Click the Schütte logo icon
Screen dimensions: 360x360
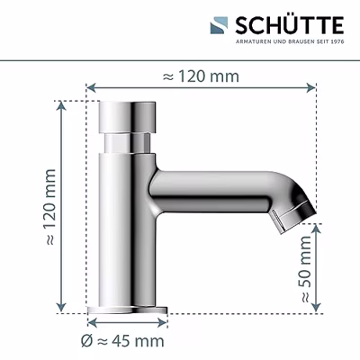point(219,26)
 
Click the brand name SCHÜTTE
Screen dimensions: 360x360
point(290,25)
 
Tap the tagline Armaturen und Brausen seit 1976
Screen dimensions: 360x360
point(290,41)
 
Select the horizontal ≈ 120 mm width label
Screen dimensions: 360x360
point(201,76)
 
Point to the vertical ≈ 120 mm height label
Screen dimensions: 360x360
point(50,207)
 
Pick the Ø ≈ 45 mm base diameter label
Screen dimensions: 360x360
point(122,341)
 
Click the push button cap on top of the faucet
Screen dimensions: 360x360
point(128,117)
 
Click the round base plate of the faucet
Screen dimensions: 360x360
point(127,310)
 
